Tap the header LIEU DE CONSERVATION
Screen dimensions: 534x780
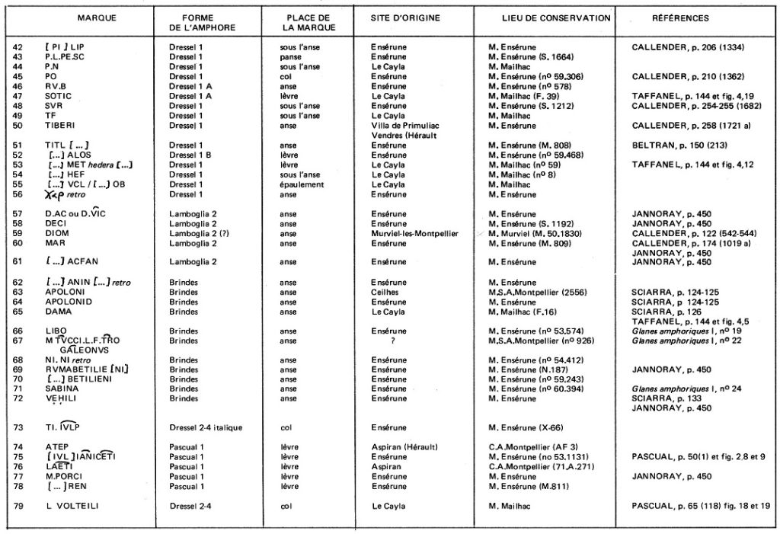(x=545, y=18)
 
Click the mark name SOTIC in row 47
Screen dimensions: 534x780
(x=58, y=96)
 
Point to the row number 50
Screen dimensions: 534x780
(x=18, y=124)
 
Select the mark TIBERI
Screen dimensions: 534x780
(x=59, y=124)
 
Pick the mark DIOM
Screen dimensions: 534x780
(x=56, y=234)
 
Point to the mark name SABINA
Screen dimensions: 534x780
(x=62, y=389)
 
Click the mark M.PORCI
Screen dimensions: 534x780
(x=62, y=476)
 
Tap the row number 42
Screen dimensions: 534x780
(x=18, y=47)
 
